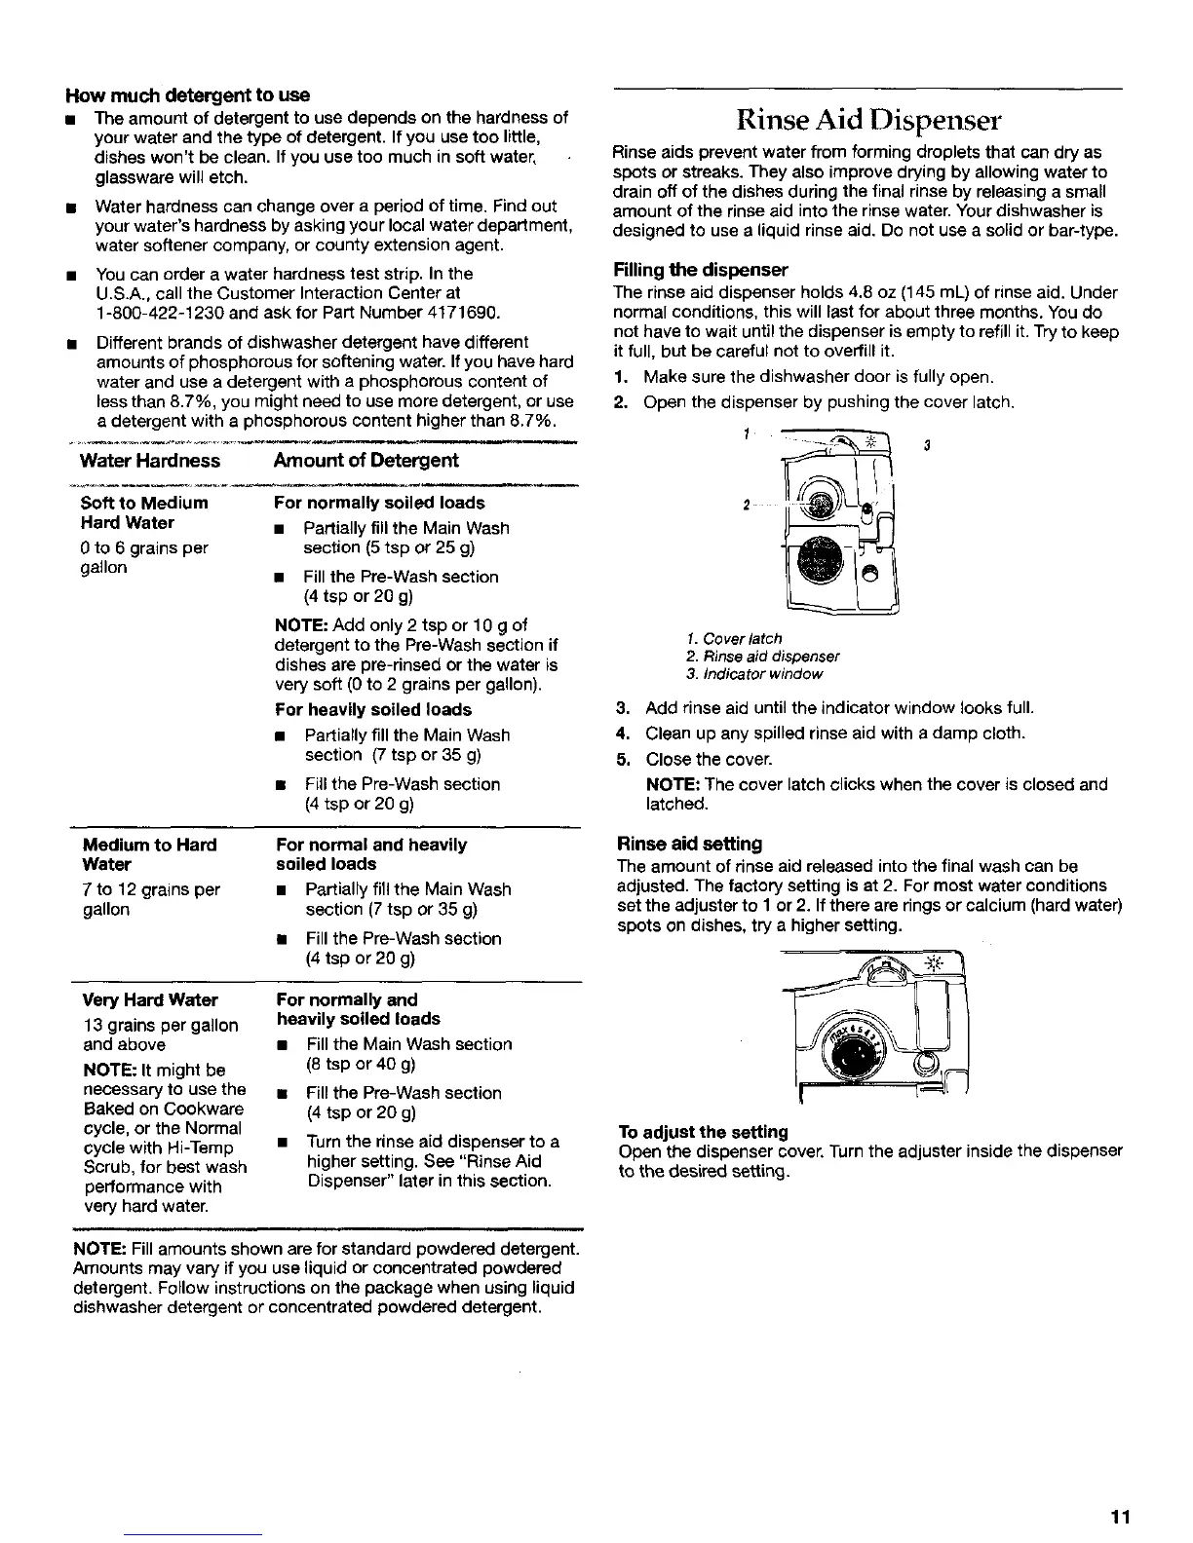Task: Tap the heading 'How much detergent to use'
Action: (187, 95)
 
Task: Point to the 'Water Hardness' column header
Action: (150, 461)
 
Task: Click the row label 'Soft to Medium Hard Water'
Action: (144, 512)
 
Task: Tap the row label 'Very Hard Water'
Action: (150, 1000)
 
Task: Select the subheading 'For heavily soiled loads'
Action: (373, 710)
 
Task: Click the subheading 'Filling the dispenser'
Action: (700, 269)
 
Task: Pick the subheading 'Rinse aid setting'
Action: (690, 844)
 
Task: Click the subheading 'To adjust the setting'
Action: (703, 1132)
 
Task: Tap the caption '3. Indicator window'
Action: (753, 674)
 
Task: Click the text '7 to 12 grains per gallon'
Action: (152, 899)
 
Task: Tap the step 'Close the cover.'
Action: (701, 759)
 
